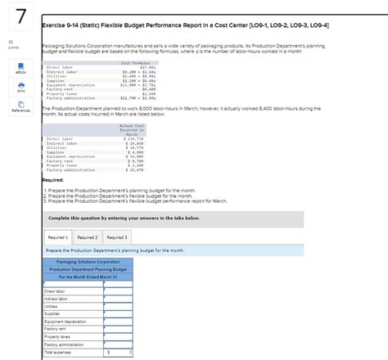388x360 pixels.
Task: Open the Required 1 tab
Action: click(x=58, y=236)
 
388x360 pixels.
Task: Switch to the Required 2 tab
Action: click(x=87, y=236)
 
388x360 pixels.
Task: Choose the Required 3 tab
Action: click(x=116, y=236)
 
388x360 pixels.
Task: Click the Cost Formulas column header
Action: click(x=133, y=62)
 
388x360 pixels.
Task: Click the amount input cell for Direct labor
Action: click(x=119, y=291)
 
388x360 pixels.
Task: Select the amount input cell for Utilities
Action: click(x=119, y=306)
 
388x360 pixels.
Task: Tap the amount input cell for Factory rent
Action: click(x=119, y=329)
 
